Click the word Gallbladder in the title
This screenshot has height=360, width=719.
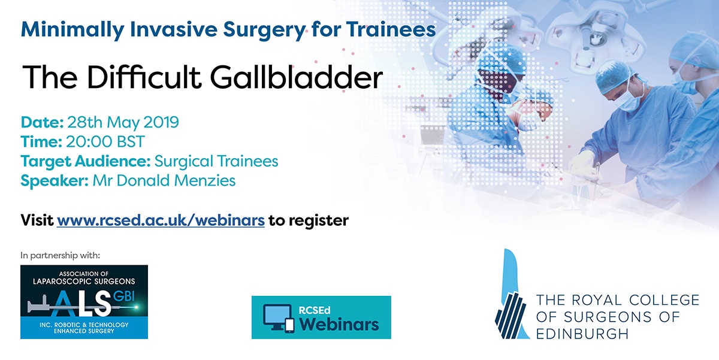click(x=296, y=77)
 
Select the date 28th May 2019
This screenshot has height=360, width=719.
click(x=123, y=122)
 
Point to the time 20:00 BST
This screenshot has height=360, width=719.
click(x=105, y=141)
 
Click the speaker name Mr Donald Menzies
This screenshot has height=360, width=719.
click(x=164, y=181)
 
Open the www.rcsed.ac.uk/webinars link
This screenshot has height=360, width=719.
click(x=161, y=220)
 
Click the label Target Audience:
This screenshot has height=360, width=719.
click(x=85, y=161)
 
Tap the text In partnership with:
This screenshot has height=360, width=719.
click(x=61, y=255)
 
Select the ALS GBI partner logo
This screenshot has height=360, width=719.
click(x=84, y=302)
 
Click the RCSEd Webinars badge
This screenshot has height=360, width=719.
click(x=321, y=317)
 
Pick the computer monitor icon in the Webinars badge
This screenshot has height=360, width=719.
click(x=277, y=318)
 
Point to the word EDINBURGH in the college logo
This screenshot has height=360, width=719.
click(x=582, y=334)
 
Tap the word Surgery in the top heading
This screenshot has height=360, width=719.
click(x=264, y=30)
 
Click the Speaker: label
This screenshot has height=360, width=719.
click(x=55, y=181)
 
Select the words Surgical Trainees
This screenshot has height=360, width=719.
click(x=216, y=161)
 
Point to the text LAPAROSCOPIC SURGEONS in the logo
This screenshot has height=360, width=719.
click(x=84, y=282)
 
